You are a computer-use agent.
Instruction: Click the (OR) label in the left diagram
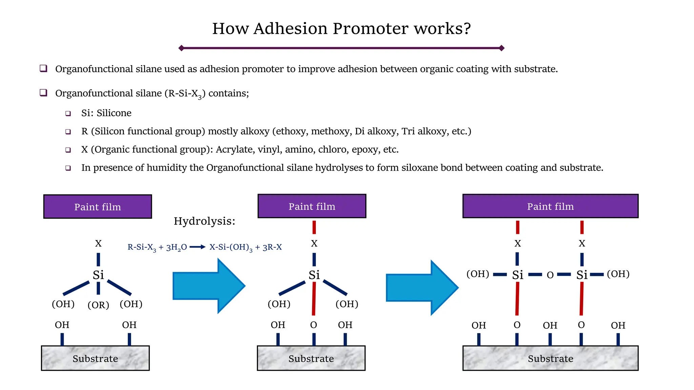98,305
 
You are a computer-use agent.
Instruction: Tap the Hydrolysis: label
204,221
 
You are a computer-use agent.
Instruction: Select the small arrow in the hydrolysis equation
198,247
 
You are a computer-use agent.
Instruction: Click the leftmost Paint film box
98,207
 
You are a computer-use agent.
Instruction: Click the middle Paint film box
312,206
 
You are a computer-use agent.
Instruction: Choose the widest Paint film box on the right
550,206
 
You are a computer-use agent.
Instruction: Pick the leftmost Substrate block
95,358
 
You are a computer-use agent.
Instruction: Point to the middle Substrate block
311,358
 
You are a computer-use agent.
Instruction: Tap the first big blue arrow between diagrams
209,286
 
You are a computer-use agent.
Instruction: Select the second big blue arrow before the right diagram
422,287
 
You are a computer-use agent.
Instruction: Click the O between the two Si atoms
550,275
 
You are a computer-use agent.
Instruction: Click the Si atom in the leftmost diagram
98,275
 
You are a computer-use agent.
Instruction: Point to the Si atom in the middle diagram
314,275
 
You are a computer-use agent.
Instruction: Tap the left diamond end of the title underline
181,48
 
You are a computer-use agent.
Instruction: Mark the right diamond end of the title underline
502,48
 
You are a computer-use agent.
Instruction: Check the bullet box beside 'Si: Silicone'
68,113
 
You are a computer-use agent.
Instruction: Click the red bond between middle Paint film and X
314,227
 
